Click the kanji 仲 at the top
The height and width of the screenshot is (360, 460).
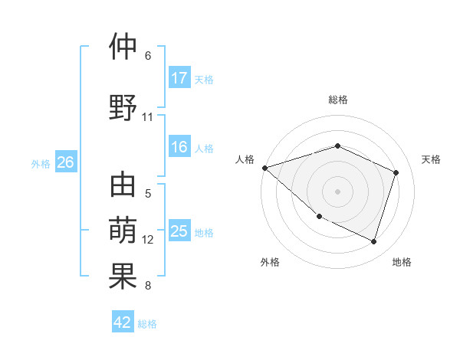[123, 47]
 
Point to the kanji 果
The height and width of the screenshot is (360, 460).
[123, 277]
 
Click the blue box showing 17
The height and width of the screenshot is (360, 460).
[179, 78]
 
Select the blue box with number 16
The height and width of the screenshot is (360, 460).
[179, 148]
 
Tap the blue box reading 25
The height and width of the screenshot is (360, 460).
[179, 232]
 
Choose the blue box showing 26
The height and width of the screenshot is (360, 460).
[66, 162]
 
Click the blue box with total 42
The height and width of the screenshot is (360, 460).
[123, 322]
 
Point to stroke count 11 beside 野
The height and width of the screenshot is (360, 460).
[148, 117]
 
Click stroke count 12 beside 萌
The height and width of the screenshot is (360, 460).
[148, 240]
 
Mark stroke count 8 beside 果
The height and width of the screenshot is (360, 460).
[148, 286]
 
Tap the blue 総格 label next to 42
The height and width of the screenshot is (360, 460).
[147, 323]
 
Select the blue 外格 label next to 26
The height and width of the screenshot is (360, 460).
[41, 163]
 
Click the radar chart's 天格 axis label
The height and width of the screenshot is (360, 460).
[431, 159]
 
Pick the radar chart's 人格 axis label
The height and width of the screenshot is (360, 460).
[245, 159]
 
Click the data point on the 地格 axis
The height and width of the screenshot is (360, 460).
[373, 241]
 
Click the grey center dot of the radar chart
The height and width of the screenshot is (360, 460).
[337, 191]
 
